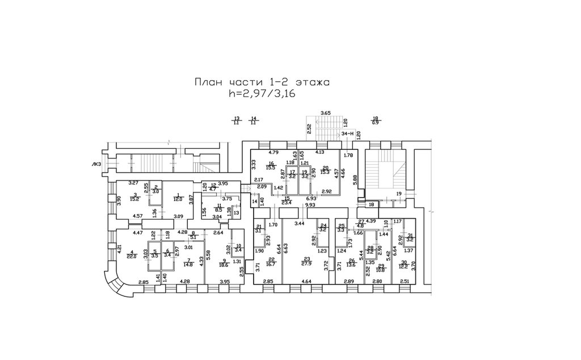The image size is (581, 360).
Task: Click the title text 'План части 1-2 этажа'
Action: click(262, 82)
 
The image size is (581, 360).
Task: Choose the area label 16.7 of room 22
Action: click(271, 263)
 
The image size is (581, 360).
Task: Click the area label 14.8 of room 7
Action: click(188, 263)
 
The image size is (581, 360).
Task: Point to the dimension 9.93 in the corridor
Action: click(310, 205)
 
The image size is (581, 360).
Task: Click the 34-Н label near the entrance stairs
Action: click(348, 133)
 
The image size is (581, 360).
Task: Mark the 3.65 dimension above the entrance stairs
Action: click(325, 114)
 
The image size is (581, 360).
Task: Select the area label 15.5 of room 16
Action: click(271, 168)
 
